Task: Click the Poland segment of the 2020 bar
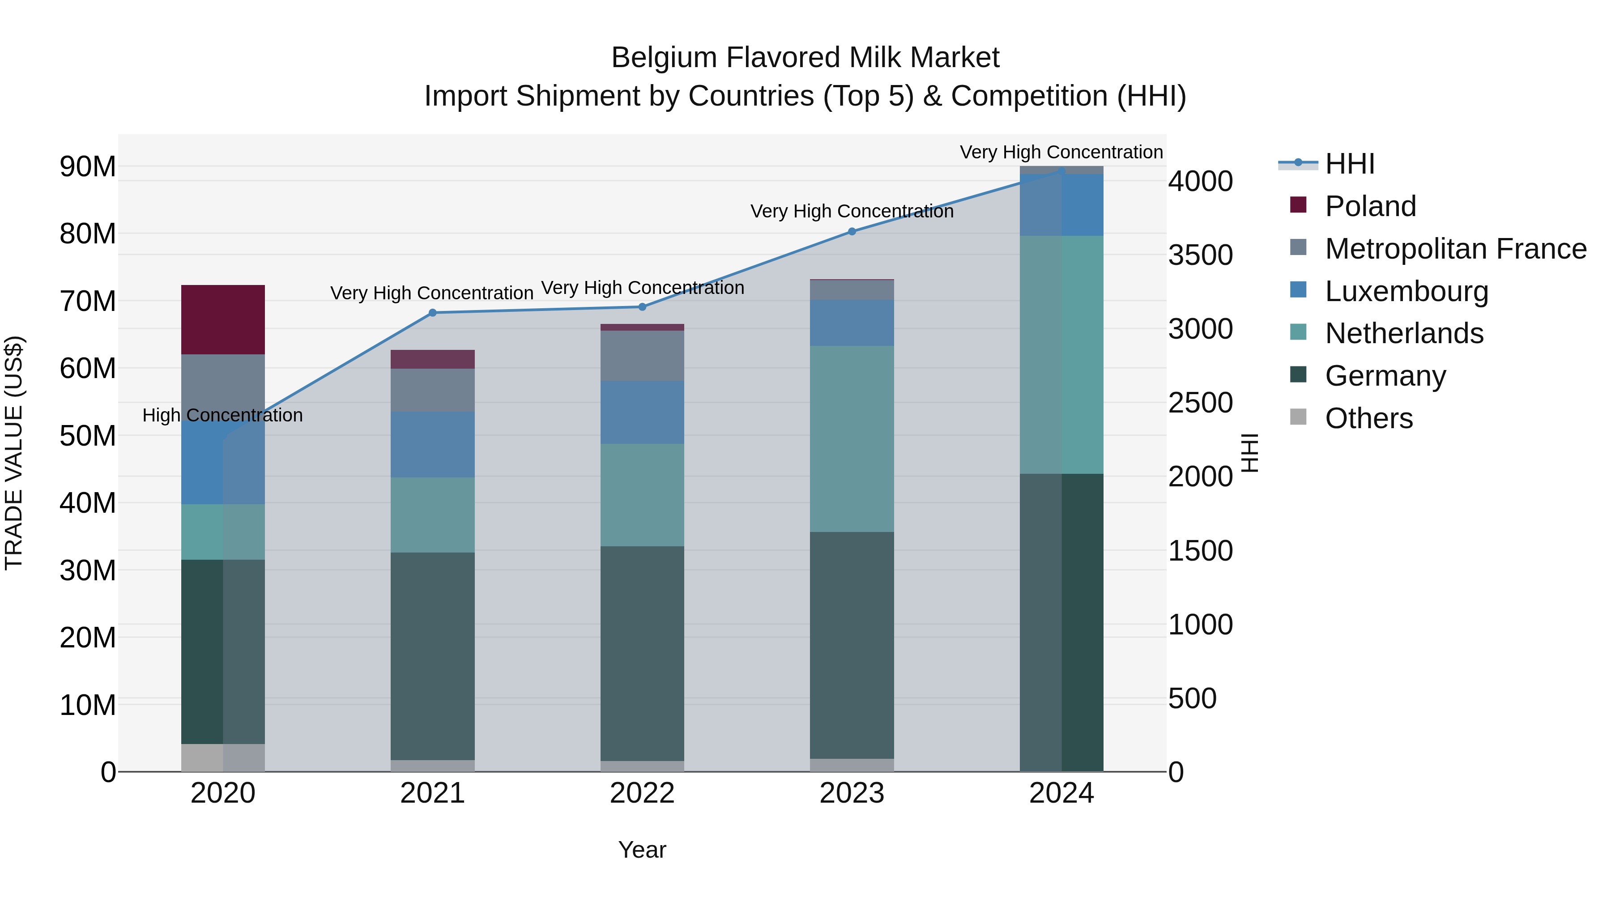[223, 319]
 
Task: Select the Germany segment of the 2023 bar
[851, 645]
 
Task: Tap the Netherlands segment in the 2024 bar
[1061, 354]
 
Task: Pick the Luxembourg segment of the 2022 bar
[642, 412]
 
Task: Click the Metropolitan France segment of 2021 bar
[432, 390]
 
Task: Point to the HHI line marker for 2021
[432, 313]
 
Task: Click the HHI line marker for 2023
[851, 231]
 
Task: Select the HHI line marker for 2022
[642, 307]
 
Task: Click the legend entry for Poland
[1370, 206]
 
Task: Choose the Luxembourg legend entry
[1406, 291]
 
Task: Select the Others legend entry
[1368, 418]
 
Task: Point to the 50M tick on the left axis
[88, 436]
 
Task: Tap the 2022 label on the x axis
[642, 793]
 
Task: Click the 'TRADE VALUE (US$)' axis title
[14, 453]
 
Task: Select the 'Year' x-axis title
[642, 850]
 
